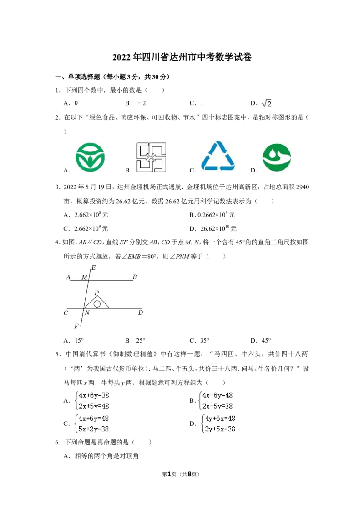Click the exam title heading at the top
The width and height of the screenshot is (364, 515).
[182, 57]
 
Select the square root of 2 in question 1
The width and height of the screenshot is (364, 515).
[267, 103]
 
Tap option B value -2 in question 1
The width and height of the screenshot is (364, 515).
[142, 103]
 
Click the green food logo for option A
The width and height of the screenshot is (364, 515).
[90, 157]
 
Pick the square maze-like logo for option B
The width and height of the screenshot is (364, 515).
[151, 157]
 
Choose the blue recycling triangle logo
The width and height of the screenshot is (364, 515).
[218, 156]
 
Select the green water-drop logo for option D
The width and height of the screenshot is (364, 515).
[277, 157]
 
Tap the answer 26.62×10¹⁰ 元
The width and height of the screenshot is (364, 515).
[218, 228]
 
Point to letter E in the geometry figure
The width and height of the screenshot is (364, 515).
[94, 268]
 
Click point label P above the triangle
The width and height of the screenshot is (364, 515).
[96, 293]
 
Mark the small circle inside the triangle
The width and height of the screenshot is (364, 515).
[97, 304]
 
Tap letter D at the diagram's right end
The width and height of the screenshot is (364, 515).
[141, 313]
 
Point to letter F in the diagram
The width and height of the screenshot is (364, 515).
[76, 327]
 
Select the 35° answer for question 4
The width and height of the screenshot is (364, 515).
[204, 341]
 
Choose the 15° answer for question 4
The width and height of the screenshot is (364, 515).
[79, 341]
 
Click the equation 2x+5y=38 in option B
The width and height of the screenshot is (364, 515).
[217, 406]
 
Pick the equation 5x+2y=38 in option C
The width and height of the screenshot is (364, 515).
[94, 429]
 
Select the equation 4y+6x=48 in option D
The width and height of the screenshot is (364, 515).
[220, 419]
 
